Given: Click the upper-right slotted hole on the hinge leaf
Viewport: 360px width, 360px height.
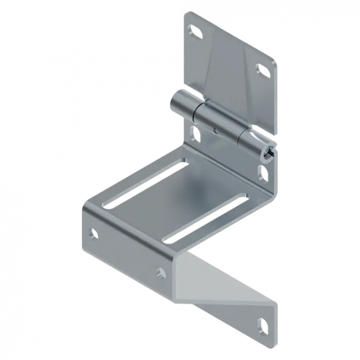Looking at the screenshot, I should coord(261,70).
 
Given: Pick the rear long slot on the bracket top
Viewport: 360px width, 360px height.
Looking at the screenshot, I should coord(211,186).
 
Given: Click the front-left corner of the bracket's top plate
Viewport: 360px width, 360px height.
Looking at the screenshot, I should coord(83,205).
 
